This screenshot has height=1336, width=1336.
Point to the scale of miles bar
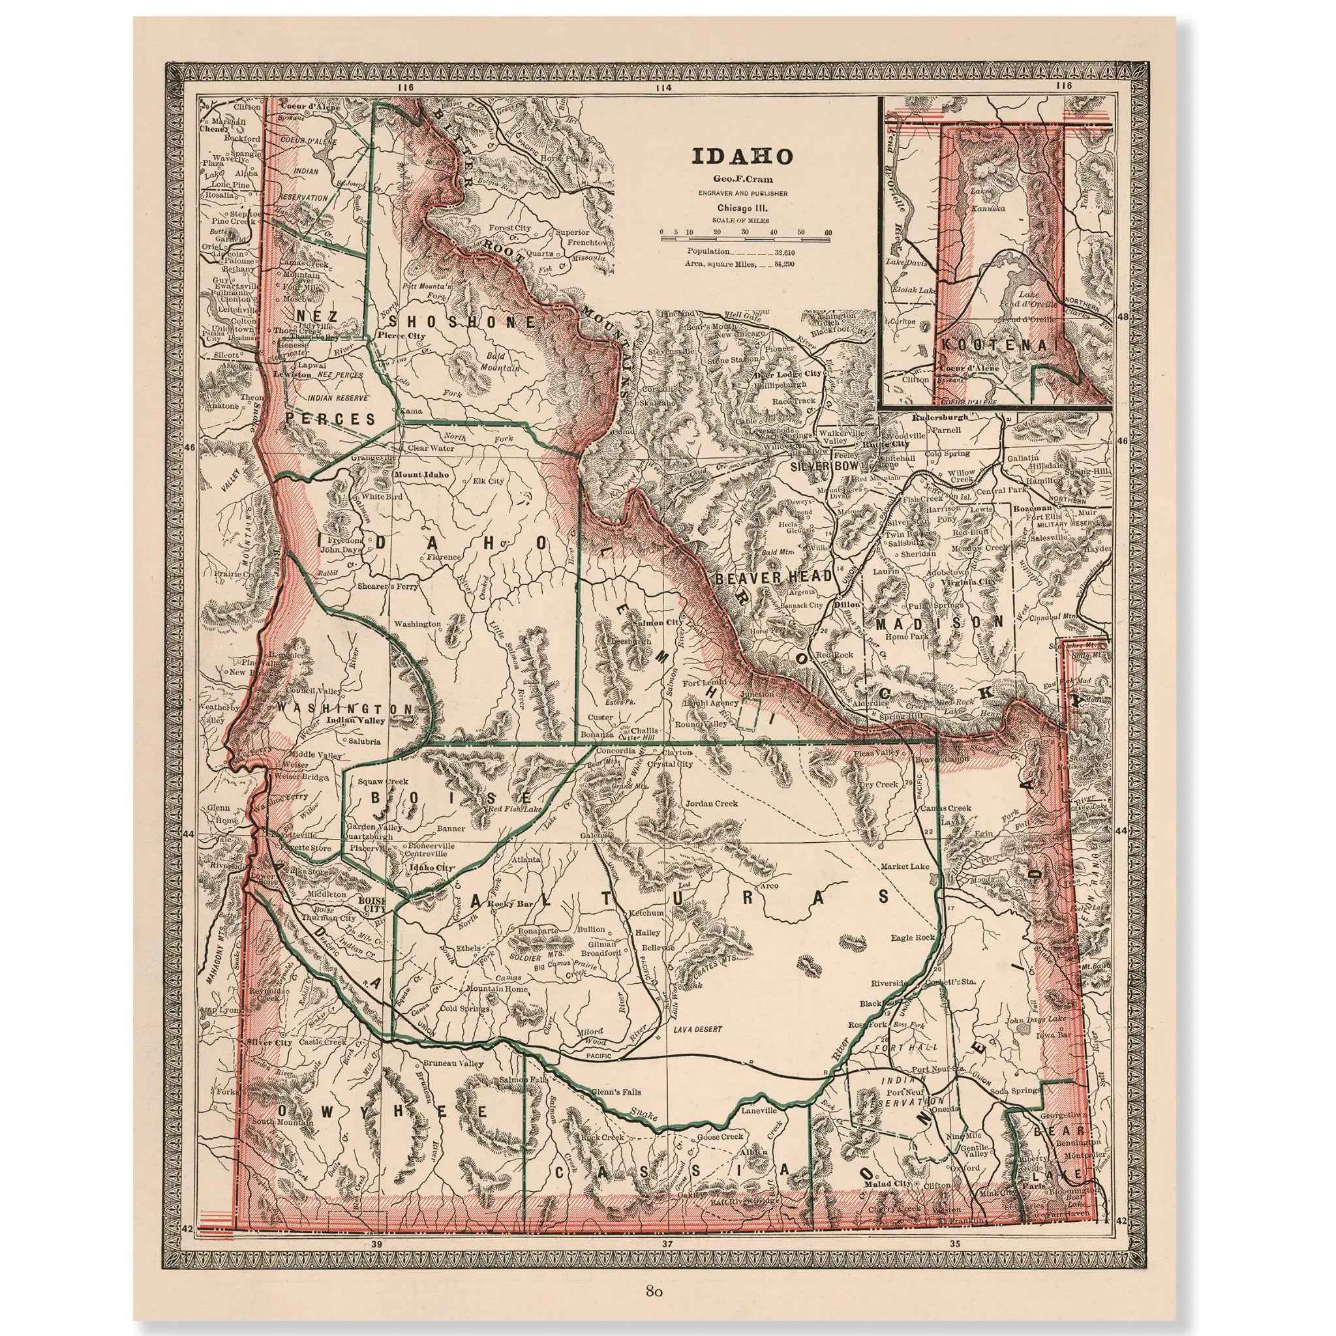[745, 239]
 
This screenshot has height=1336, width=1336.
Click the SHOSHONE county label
[462, 322]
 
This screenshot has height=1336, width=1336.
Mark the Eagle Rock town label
[913, 937]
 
